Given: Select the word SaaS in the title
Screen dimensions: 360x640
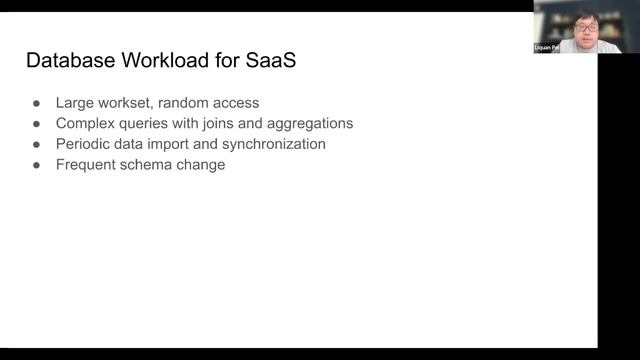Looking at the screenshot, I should tap(269, 62).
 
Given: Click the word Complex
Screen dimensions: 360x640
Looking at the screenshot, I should tap(86, 123).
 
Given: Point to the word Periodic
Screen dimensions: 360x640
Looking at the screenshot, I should tap(85, 144).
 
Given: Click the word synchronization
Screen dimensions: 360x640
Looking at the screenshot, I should tap(275, 144).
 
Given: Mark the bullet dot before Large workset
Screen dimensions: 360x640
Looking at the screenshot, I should tap(36, 102).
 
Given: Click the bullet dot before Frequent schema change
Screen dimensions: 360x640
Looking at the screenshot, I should tap(36, 165).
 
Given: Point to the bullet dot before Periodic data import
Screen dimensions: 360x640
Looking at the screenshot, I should tap(36, 144).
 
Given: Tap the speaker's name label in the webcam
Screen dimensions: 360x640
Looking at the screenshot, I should tap(548, 48).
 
